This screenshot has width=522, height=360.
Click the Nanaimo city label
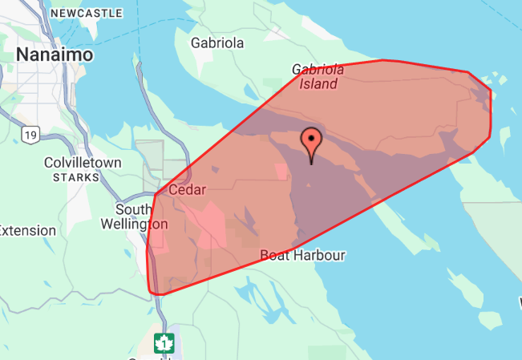click(x=55, y=55)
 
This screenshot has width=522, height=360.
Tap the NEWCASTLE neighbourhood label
click(x=87, y=14)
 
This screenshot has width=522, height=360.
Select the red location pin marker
click(x=311, y=144)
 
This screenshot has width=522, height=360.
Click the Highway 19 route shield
click(x=30, y=136)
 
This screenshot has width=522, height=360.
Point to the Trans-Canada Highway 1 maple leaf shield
click(x=164, y=343)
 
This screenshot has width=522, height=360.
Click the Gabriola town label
click(x=216, y=42)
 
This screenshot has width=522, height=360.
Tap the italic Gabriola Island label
click(x=318, y=76)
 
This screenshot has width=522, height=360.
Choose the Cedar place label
click(x=187, y=190)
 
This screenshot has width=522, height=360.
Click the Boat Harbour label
click(x=303, y=255)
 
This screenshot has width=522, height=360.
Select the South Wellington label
click(x=134, y=216)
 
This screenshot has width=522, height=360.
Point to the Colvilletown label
click(x=83, y=163)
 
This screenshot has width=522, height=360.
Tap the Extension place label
click(x=27, y=230)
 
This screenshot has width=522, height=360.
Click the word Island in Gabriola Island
click(x=318, y=83)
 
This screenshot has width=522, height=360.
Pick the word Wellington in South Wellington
click(x=134, y=224)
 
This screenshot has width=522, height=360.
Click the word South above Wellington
click(x=132, y=209)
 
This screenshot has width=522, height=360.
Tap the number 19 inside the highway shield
click(x=30, y=136)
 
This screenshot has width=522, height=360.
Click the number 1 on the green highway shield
click(x=164, y=344)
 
